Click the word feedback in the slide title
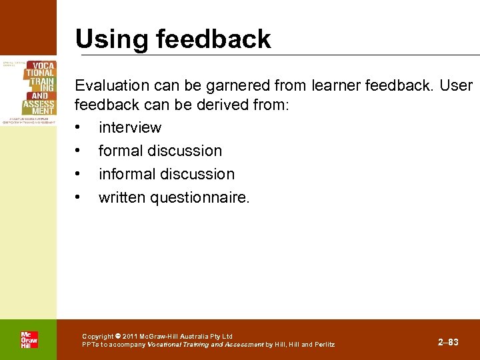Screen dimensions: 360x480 [x=213, y=39]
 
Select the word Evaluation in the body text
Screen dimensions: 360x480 [x=112, y=86]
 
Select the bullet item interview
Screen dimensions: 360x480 [x=130, y=127]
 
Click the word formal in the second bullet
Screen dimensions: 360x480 [x=120, y=151]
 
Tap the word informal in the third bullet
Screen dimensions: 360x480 [x=125, y=174]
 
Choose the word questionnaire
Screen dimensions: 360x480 [x=202, y=197]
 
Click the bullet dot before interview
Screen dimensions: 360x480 [x=79, y=128]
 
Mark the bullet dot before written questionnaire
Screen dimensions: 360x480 [x=79, y=198]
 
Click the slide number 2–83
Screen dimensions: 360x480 [x=448, y=342]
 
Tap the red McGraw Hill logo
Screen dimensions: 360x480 [x=29, y=339]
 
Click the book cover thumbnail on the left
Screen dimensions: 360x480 [x=29, y=91]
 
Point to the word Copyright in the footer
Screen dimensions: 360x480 [x=97, y=337]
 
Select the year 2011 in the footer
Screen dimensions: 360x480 [x=129, y=337]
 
